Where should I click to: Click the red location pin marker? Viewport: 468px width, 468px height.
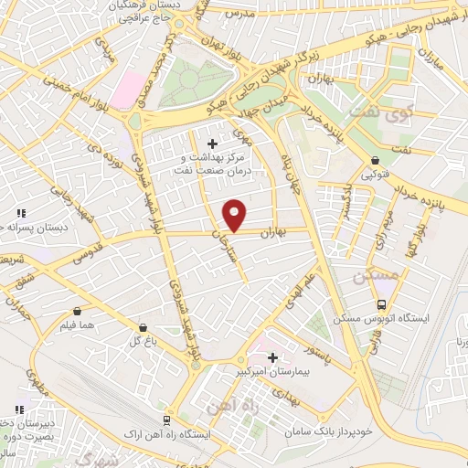235,215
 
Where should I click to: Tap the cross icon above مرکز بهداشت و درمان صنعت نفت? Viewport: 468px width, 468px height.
213,144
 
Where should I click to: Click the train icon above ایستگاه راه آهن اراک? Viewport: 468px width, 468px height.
166,420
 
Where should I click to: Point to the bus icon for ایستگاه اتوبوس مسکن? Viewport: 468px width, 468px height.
382,306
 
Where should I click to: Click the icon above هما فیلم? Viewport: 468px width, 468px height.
76,311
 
